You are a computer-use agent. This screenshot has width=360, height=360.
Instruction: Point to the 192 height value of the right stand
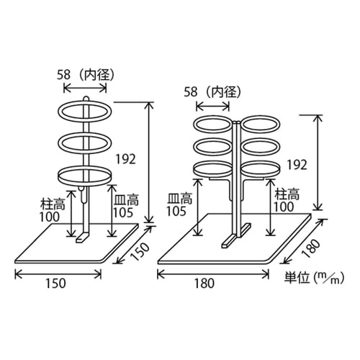294,163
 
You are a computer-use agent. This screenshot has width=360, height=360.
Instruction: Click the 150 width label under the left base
55,283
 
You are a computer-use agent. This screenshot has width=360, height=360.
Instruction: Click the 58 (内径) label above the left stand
84,73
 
